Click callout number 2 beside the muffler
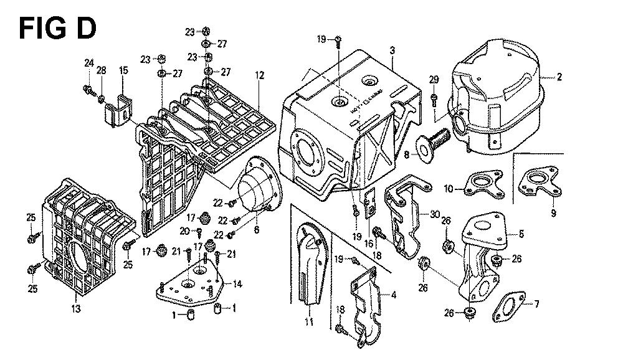[x=559, y=77]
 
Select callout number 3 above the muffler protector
[x=392, y=49]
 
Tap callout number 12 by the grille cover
[x=260, y=76]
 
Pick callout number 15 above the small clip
[x=123, y=71]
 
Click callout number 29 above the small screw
[x=434, y=78]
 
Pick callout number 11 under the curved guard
[x=308, y=321]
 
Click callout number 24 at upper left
[x=89, y=62]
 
